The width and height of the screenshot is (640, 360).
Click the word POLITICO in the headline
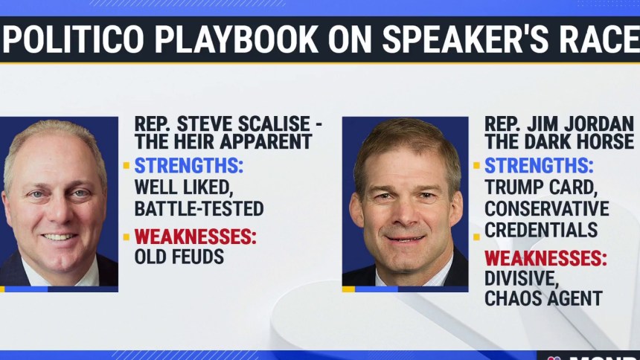click(x=74, y=39)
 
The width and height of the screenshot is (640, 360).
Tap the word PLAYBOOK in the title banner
click(x=237, y=39)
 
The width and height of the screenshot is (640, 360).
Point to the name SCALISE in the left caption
click(x=275, y=123)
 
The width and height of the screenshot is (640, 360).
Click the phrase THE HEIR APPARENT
click(x=223, y=141)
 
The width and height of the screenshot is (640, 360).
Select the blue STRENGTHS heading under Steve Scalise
click(x=188, y=166)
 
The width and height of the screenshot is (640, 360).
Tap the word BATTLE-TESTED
click(x=199, y=208)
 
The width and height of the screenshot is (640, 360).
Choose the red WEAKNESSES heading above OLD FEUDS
click(x=196, y=237)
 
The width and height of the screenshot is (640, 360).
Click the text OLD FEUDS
click(x=179, y=257)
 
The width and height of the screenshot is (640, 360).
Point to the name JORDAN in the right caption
click(x=592, y=123)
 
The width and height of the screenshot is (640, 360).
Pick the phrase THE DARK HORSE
click(x=559, y=141)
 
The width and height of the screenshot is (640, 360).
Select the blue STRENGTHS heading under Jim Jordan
click(x=539, y=166)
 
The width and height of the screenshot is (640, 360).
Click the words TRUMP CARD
click(x=541, y=187)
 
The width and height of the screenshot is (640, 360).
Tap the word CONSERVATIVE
click(x=547, y=208)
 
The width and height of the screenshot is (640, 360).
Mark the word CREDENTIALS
click(x=541, y=230)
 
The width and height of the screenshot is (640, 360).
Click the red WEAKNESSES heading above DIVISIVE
click(x=545, y=258)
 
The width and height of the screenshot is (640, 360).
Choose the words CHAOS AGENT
click(x=544, y=298)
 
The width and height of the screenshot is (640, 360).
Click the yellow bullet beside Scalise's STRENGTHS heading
click(x=127, y=166)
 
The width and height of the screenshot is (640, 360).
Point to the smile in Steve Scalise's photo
click(x=60, y=237)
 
